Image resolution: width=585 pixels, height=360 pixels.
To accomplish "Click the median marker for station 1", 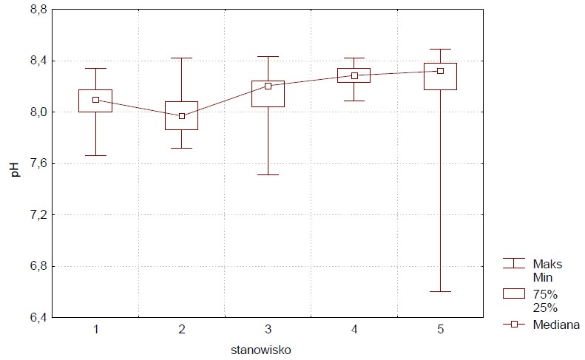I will coord(95,100).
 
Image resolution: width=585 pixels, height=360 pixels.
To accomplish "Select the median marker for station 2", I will coord(182,115).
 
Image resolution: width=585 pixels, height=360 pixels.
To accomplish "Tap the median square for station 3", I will coord(268,86).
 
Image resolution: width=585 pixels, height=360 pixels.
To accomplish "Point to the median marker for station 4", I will coord(354,75).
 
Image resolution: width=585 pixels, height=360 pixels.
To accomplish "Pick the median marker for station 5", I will coord(440,71).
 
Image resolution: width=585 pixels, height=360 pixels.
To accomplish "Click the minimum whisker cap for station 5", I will coord(440,292).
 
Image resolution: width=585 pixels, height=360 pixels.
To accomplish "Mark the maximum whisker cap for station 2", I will coord(182,58).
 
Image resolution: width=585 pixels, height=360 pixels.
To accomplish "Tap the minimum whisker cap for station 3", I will coord(268,174).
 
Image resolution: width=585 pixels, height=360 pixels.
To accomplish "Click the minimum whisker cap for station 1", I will coord(95,155).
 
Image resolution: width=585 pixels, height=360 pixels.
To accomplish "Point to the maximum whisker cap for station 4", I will coord(354,58).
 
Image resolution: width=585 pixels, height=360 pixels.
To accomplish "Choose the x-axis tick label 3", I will coord(268,329).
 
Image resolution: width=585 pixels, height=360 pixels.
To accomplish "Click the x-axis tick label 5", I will coord(440,329).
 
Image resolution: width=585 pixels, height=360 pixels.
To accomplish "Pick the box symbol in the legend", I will coord(513,293).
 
